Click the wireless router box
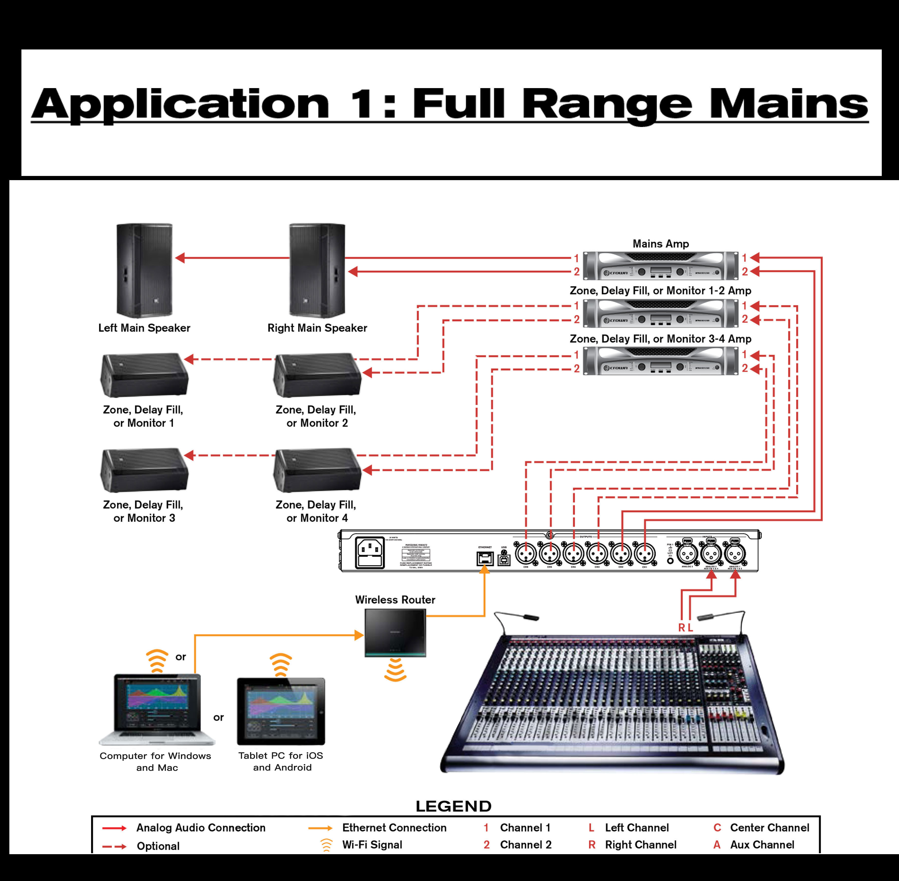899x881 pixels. pyautogui.click(x=395, y=632)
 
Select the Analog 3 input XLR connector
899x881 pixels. pyautogui.click(x=687, y=553)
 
